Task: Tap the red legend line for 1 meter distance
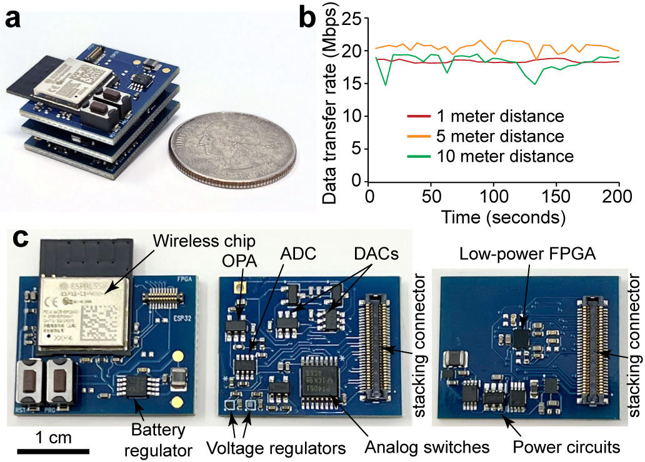click(418, 116)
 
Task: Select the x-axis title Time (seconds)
click(494, 217)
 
